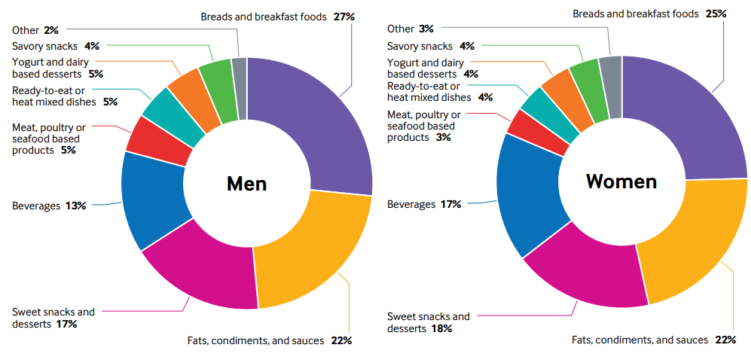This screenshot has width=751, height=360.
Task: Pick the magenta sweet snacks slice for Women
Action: pos(591,271)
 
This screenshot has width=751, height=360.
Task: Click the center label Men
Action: pos(247,184)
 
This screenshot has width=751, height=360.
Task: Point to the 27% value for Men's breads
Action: pos(344,16)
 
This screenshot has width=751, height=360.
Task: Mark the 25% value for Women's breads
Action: pos(716,14)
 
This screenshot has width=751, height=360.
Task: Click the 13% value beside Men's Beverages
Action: pos(75,205)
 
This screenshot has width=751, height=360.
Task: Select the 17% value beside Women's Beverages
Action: pos(450,204)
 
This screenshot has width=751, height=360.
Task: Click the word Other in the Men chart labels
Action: pos(26,30)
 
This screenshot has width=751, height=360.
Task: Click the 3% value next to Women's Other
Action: pos(426,29)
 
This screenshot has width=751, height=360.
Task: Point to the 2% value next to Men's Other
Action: pos(51,30)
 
